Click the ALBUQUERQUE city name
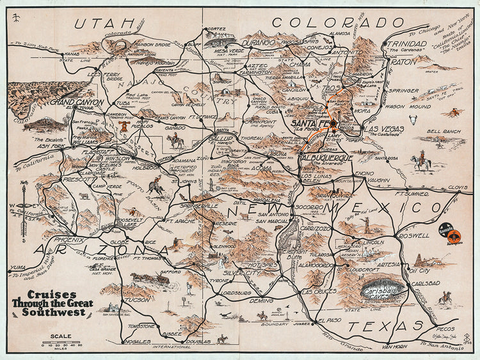[x=327, y=158]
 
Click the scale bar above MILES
[x=62, y=345]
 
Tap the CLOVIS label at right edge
[x=456, y=188]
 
